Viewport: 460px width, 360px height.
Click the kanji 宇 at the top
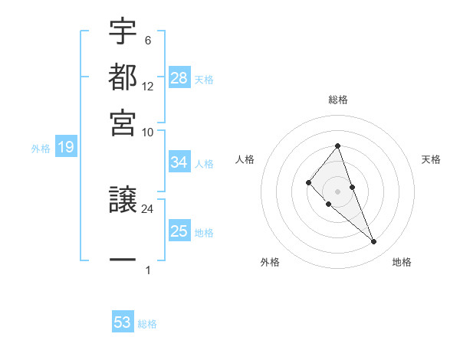(123, 34)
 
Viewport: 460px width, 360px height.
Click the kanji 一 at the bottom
(123, 260)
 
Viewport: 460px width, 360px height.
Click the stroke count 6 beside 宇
(147, 41)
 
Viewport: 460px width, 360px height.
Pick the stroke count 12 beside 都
(148, 86)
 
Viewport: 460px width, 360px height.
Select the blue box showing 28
(179, 77)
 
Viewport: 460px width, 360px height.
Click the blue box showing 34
(179, 162)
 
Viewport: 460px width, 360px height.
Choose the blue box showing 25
(179, 231)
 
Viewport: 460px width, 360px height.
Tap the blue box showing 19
(65, 147)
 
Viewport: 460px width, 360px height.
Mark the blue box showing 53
(123, 322)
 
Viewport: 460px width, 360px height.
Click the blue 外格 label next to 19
(41, 149)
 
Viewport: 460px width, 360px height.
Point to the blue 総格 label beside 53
(147, 324)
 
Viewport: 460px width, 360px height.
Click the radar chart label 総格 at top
(338, 100)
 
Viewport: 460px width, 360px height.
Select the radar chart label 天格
(431, 159)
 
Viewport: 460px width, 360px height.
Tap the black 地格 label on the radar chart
(402, 263)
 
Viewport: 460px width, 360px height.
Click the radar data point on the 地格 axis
(374, 242)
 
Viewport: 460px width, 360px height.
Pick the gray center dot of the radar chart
(338, 191)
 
